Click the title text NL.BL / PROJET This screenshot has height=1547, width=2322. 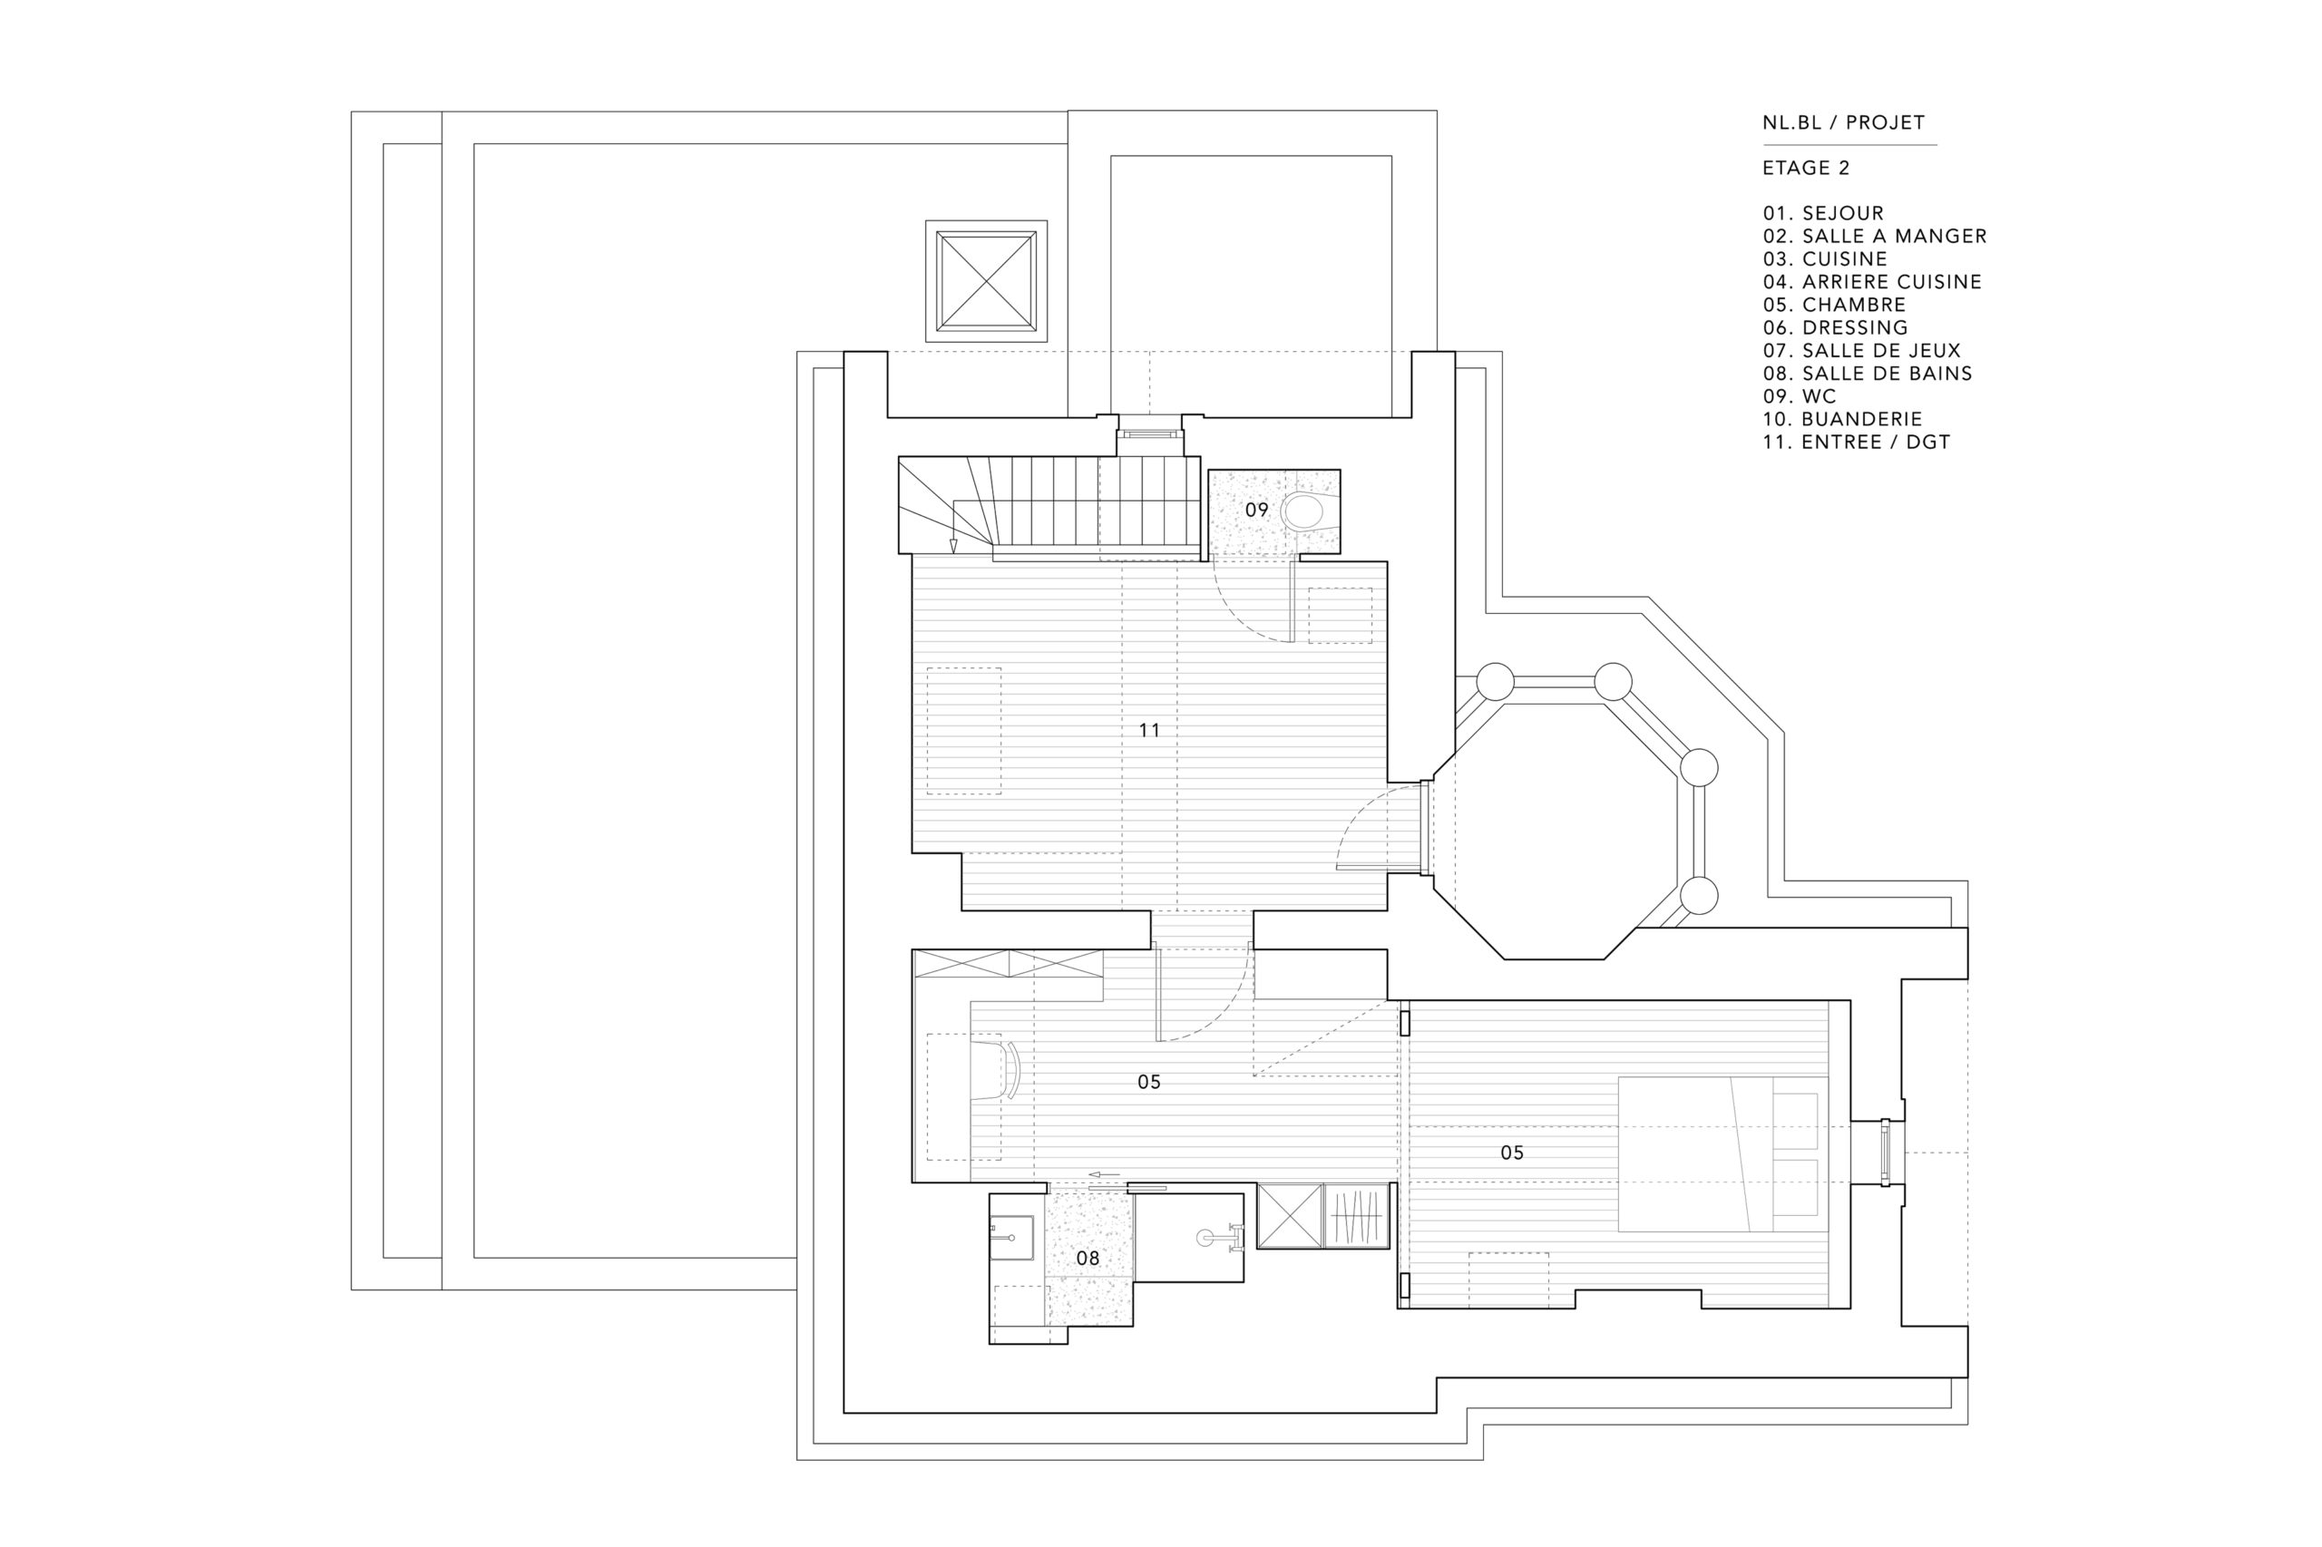(x=1843, y=123)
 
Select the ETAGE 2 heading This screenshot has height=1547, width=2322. (x=1806, y=169)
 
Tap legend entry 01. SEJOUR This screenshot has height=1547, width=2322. (x=1822, y=213)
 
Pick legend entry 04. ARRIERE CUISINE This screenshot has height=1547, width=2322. (x=1872, y=282)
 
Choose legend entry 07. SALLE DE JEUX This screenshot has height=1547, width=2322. (x=1861, y=350)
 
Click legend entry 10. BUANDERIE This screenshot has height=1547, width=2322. (x=1842, y=419)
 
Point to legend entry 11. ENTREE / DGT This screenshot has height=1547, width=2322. (x=1856, y=442)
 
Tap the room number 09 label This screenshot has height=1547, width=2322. (x=1256, y=511)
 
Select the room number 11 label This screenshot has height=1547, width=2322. (x=1149, y=730)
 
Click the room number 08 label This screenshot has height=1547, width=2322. (x=1088, y=1258)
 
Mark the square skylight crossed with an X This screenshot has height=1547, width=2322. (x=987, y=281)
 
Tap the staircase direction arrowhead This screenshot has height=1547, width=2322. (x=953, y=545)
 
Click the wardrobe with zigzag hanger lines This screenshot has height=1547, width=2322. (x=1359, y=1217)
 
